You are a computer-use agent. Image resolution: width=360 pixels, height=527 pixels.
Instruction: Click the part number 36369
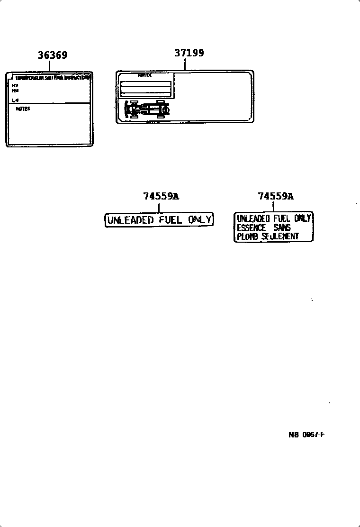coord(53,55)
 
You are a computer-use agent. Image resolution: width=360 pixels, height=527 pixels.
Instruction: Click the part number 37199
coord(189,53)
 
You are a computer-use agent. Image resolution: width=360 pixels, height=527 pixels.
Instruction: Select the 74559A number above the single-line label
coord(161,196)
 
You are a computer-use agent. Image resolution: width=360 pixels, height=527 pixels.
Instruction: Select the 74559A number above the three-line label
coord(276,196)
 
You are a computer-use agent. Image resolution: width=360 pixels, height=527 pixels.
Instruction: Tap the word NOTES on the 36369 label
coord(22,109)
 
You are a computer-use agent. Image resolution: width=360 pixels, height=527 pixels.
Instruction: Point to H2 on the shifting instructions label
coord(15,86)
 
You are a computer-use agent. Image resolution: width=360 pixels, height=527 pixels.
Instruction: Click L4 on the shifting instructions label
coord(15,100)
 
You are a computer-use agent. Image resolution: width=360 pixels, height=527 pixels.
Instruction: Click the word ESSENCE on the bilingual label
coord(251,227)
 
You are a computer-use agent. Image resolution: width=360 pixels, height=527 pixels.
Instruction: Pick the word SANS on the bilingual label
coord(282,227)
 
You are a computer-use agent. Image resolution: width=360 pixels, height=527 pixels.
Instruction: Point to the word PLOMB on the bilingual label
coord(247,236)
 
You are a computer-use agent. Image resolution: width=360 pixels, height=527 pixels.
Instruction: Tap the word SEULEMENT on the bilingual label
coord(280,236)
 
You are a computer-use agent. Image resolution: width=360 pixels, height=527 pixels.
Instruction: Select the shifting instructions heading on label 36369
coord(52,77)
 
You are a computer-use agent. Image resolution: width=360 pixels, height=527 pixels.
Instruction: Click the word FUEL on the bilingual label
coord(282,218)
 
